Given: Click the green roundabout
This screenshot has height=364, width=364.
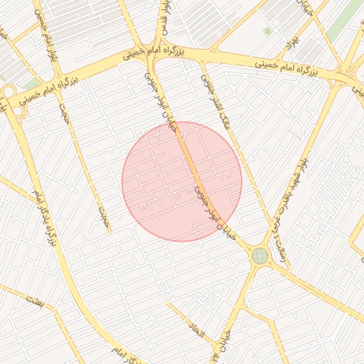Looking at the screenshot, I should pyautogui.click(x=259, y=255).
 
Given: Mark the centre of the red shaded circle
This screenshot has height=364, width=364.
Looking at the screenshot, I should pyautogui.click(x=182, y=181).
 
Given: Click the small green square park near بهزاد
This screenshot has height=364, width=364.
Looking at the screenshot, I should pyautogui.click(x=267, y=31).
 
